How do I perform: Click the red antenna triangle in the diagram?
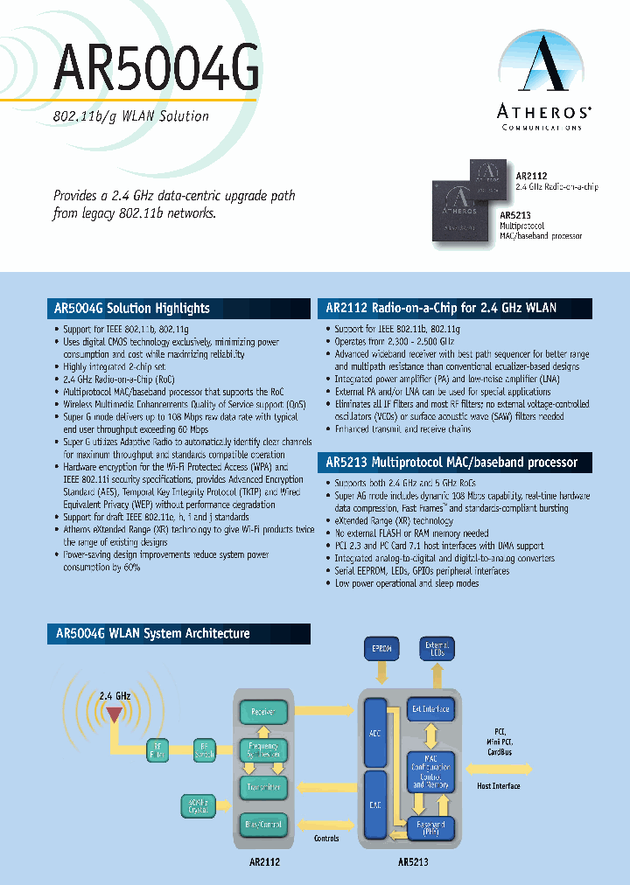[114, 715]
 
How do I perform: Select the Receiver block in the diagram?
[263, 712]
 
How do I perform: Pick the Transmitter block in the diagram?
[263, 787]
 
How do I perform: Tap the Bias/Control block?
[263, 824]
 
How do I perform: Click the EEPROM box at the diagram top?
[381, 650]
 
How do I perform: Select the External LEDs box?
[437, 649]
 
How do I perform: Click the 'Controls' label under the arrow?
[325, 838]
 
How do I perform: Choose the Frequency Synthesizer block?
[263, 749]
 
